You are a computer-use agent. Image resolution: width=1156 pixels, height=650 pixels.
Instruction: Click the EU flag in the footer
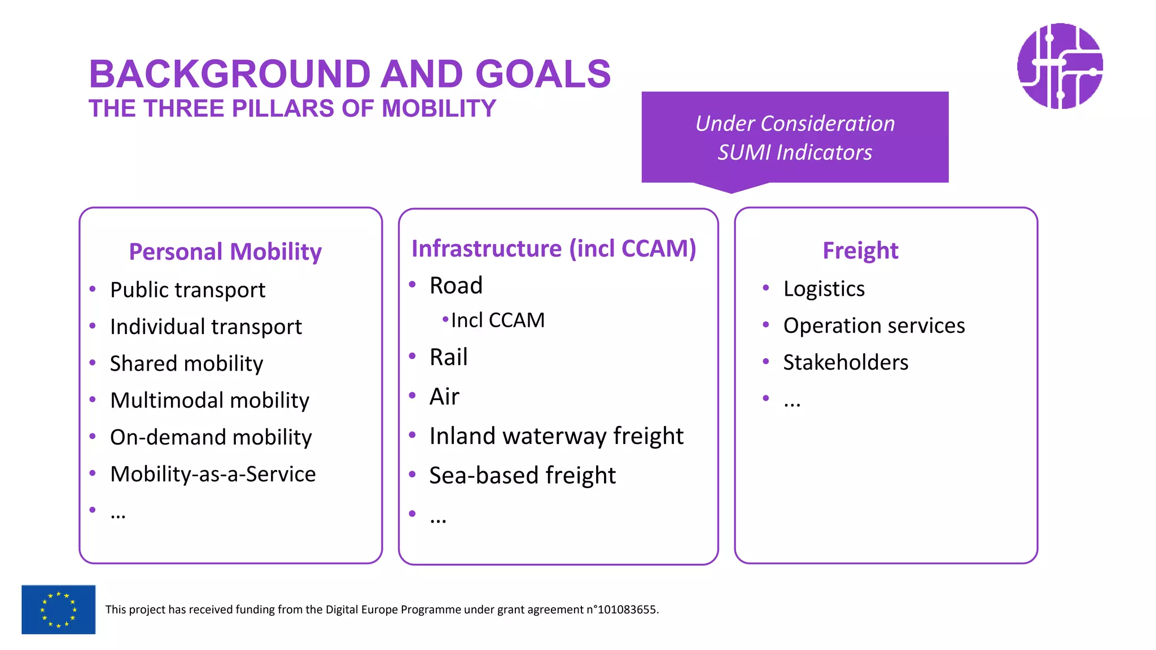point(58,609)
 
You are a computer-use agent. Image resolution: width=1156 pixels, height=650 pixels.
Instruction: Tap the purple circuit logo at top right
point(1059,66)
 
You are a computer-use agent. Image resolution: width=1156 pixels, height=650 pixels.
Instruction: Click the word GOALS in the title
point(543,74)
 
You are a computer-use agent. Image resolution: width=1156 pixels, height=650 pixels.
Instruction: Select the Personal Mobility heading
point(225,252)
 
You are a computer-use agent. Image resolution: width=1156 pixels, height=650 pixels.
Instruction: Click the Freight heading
point(860,251)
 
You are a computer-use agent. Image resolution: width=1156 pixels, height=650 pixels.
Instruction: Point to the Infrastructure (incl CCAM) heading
point(554,249)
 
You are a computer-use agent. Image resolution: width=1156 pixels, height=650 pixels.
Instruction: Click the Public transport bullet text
point(187,290)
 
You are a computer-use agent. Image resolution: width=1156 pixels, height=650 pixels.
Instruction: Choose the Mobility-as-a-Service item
point(213,474)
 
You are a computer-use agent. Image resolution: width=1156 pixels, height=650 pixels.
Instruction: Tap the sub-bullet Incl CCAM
point(497,320)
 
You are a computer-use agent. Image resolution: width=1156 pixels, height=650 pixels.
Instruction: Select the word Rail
point(448,357)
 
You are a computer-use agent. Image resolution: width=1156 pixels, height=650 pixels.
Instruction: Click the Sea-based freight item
point(522,476)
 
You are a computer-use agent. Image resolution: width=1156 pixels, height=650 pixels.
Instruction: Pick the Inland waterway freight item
point(556,436)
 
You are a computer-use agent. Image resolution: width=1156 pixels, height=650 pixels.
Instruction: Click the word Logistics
point(824,289)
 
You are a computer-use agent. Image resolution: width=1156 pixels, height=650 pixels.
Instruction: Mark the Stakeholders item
point(846,362)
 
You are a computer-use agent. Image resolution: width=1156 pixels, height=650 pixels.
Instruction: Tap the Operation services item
point(874,326)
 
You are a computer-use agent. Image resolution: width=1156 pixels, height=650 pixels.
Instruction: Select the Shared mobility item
point(186,364)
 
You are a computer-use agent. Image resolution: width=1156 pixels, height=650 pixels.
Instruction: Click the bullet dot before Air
point(413,396)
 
